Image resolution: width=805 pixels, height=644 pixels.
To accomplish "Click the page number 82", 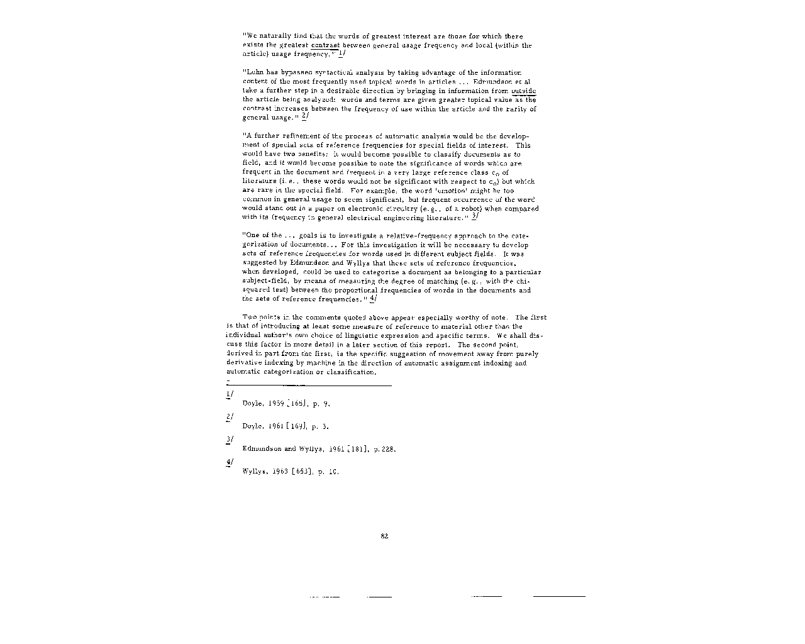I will pyautogui.click(x=385, y=536).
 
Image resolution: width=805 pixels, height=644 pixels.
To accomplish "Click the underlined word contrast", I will pyautogui.click(x=325, y=45).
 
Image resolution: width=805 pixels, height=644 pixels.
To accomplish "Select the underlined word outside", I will pyautogui.click(x=523, y=91).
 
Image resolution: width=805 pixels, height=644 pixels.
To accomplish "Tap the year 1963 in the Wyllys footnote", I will pyautogui.click(x=279, y=472).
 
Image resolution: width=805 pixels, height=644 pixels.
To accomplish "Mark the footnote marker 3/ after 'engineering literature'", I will pyautogui.click(x=475, y=216).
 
